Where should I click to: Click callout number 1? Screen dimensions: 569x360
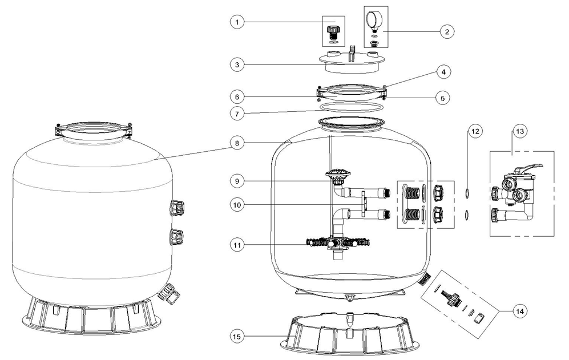[x=237, y=22]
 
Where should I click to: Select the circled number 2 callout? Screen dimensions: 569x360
[x=447, y=31]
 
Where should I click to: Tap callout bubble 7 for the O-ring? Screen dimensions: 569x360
[x=237, y=114]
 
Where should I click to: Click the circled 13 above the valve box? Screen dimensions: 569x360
[x=520, y=131]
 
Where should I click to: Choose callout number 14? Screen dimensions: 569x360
[x=520, y=311]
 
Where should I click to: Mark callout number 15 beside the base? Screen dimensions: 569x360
[x=237, y=337]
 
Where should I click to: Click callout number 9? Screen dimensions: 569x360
[x=237, y=181]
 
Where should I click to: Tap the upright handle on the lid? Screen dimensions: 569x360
[x=351, y=53]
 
